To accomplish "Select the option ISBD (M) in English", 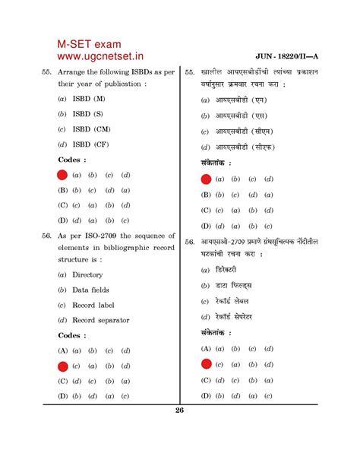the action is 90,100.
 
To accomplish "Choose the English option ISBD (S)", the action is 89,114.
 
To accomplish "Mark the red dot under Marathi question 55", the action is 206,179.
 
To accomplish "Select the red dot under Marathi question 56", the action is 206,365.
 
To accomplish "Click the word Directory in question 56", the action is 87,274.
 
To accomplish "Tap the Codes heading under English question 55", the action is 72,160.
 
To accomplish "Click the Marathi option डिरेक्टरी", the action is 226,270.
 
